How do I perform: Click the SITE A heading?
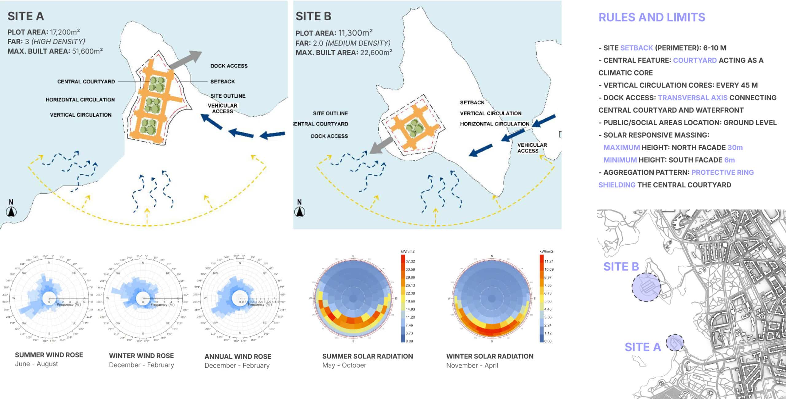coord(26,16)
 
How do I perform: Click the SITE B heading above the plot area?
coord(313,16)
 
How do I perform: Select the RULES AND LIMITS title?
coord(652,17)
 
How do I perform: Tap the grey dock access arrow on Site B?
coord(381,145)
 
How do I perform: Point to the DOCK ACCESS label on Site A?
coord(229,66)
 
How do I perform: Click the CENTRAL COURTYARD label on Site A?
coord(86,82)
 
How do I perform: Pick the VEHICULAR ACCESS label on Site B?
coord(532,148)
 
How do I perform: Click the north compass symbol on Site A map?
coord(11,211)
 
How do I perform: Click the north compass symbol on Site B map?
coord(300,211)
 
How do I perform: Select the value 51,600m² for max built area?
coord(87,51)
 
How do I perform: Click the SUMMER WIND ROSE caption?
coord(49,355)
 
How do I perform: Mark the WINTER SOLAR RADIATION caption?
coord(490,356)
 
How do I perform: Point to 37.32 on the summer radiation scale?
coord(410,261)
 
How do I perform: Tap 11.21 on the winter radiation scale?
coord(549,261)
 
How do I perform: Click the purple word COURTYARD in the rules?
coord(695,60)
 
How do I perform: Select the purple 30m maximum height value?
coord(735,148)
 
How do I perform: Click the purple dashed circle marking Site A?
coord(675,343)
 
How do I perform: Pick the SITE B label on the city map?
coord(621,267)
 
